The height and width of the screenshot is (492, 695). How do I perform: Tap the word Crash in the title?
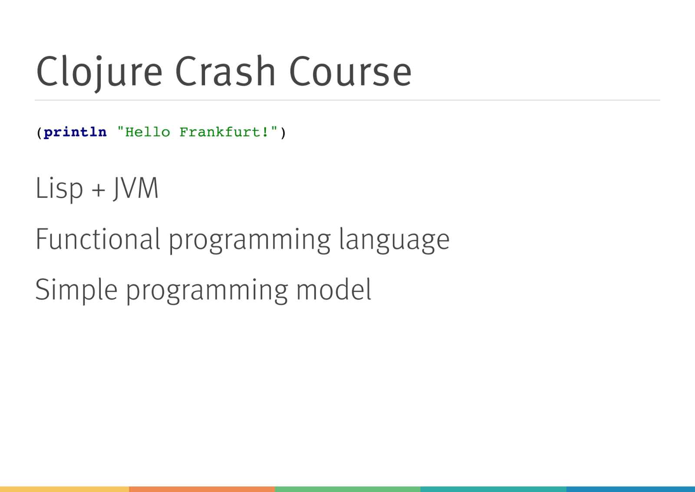(x=225, y=71)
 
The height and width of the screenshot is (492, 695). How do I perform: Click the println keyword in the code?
(x=75, y=133)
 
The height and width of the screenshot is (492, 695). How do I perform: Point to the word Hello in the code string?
(x=148, y=132)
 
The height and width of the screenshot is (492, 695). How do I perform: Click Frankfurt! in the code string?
(x=224, y=132)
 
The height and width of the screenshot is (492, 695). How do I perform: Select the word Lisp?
(x=59, y=189)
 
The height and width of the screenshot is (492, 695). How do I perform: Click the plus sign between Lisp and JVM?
(x=98, y=189)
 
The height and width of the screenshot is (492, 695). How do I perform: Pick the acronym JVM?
(x=136, y=188)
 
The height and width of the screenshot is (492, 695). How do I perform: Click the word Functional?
(x=98, y=239)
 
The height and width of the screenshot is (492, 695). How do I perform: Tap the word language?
(x=394, y=241)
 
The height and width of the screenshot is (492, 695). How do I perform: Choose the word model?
(x=334, y=289)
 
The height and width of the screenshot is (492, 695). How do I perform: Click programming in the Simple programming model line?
(x=207, y=292)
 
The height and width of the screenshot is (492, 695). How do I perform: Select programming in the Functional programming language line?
(x=250, y=241)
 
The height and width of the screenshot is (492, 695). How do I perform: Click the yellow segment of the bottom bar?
(x=65, y=489)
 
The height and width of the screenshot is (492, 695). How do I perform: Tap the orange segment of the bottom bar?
(x=202, y=489)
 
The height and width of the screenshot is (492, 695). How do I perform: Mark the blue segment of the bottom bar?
(x=630, y=489)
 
